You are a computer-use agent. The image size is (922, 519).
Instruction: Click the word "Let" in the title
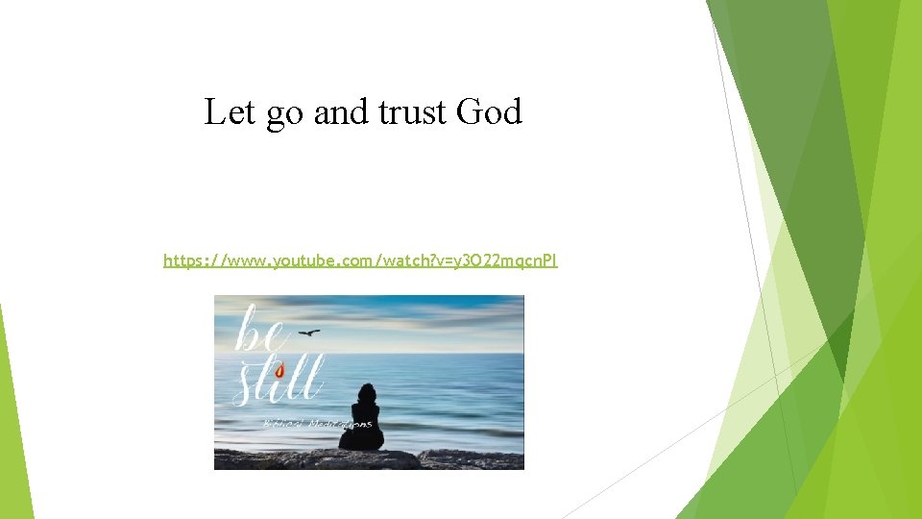tap(226, 112)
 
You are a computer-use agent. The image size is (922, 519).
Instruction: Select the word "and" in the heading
tap(340, 112)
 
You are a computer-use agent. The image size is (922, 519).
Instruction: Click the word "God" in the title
tap(489, 112)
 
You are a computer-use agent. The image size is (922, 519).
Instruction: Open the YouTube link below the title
tap(360, 260)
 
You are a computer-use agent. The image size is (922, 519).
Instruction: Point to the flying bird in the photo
tap(309, 333)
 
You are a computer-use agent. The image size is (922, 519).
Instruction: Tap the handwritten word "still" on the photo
tap(279, 380)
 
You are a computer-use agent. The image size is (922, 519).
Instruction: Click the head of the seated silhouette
tap(366, 392)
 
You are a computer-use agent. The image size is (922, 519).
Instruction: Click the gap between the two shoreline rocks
tap(419, 458)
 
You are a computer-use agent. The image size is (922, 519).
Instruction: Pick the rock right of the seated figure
tap(471, 458)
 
